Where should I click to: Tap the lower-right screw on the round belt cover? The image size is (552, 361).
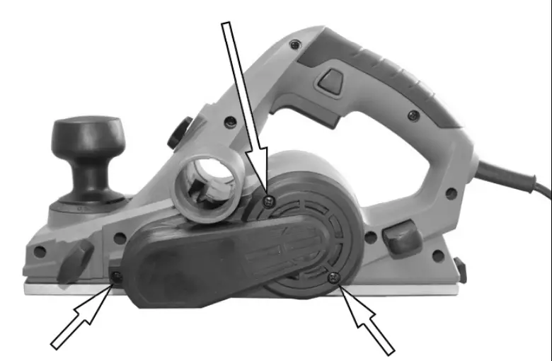[333, 277]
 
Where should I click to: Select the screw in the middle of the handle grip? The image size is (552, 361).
[411, 114]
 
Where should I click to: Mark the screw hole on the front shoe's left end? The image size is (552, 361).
[40, 251]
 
